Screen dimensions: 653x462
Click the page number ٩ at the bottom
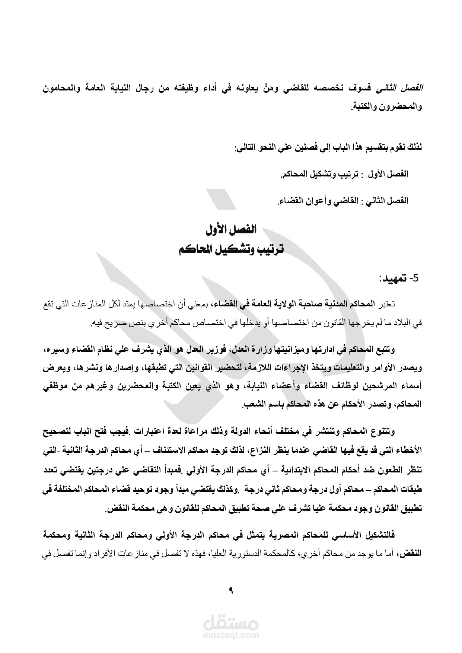(231, 590)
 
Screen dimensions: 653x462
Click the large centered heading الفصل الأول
(231, 229)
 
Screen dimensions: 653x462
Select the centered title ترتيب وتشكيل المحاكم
(231, 249)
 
